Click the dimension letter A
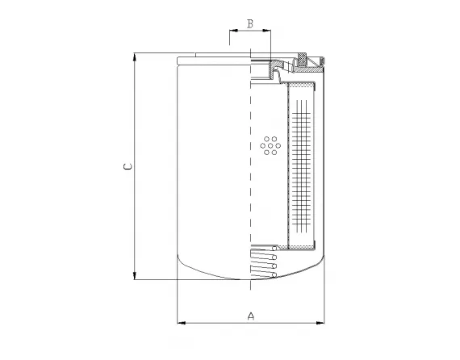coord(251,315)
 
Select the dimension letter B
coord(250,23)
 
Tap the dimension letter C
coord(126,167)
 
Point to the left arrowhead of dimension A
coord(180,323)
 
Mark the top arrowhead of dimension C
coord(134,58)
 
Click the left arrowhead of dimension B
coord(233,31)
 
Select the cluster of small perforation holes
coord(270,145)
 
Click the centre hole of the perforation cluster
coord(270,145)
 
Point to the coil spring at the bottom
coord(265,263)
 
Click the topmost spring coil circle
coord(274,248)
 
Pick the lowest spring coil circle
coord(274,275)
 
